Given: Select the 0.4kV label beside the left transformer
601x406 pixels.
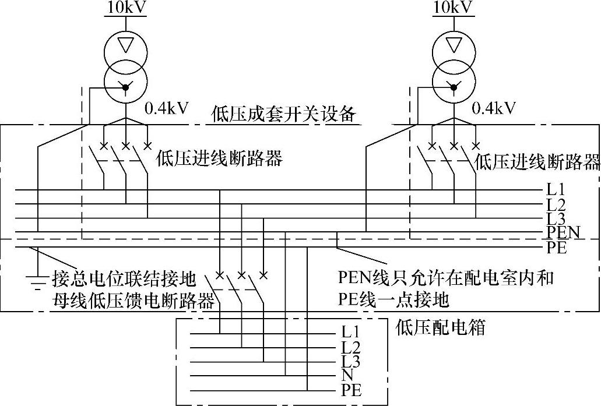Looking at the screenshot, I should tap(166, 108).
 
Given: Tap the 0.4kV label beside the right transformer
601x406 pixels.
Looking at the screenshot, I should tap(494, 108).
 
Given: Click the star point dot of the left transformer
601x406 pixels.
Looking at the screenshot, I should tap(125, 87).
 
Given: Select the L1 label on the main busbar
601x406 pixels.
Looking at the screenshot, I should tap(556, 189).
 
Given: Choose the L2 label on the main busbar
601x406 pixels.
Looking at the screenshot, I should tap(556, 204).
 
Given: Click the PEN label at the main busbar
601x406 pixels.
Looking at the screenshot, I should tap(563, 233).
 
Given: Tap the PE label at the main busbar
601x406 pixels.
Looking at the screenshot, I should tap(556, 248).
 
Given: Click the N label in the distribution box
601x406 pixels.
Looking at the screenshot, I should tap(347, 376).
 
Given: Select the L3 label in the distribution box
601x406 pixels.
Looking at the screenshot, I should tap(351, 362).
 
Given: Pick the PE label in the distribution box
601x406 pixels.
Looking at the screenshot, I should tap(352, 390).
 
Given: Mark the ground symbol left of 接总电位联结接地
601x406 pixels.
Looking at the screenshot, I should tap(37, 281).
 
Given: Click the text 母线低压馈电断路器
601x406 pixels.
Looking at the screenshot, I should tap(133, 301).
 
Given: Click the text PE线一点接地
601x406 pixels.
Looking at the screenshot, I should tap(393, 299).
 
